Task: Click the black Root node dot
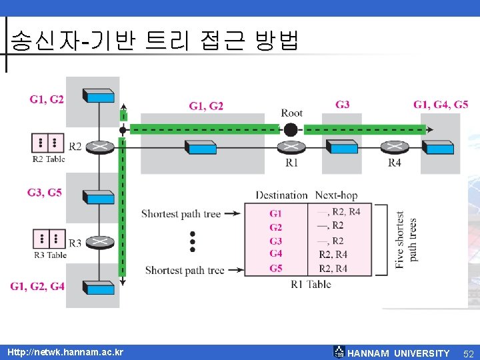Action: [x=291, y=129]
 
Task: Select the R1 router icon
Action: [x=291, y=147]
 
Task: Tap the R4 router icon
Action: [x=395, y=147]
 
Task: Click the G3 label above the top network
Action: [x=343, y=105]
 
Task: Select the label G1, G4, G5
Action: [x=441, y=105]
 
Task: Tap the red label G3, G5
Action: [x=45, y=193]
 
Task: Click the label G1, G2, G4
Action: [x=37, y=286]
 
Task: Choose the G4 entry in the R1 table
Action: [x=276, y=253]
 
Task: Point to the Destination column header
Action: [x=282, y=195]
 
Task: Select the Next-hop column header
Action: [x=336, y=195]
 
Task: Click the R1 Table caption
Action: [x=311, y=285]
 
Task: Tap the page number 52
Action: [x=468, y=353]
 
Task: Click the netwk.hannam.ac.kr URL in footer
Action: [x=65, y=352]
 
